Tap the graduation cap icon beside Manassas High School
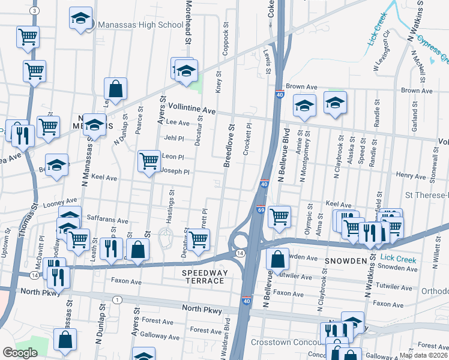tap(79, 19)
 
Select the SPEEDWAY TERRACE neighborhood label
tap(205, 277)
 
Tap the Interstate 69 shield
tap(261, 209)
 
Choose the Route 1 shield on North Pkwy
tap(117, 299)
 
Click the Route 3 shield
tap(34, 11)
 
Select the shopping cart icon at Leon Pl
tap(148, 161)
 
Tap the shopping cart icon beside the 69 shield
tap(279, 216)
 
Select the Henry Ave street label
tap(411, 175)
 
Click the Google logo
tap(20, 353)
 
